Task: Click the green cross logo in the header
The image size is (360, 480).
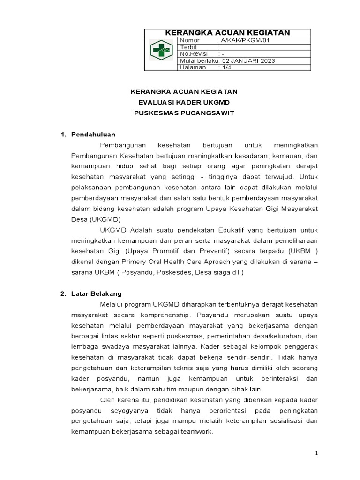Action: (x=161, y=51)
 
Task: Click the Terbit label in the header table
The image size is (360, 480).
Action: (x=188, y=47)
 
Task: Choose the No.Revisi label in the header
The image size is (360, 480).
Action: (x=194, y=54)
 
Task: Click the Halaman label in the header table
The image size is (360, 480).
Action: (x=193, y=67)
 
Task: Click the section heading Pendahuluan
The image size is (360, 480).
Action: (x=93, y=135)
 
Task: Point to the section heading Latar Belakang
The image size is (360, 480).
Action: (x=96, y=293)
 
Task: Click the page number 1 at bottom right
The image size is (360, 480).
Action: (x=316, y=453)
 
